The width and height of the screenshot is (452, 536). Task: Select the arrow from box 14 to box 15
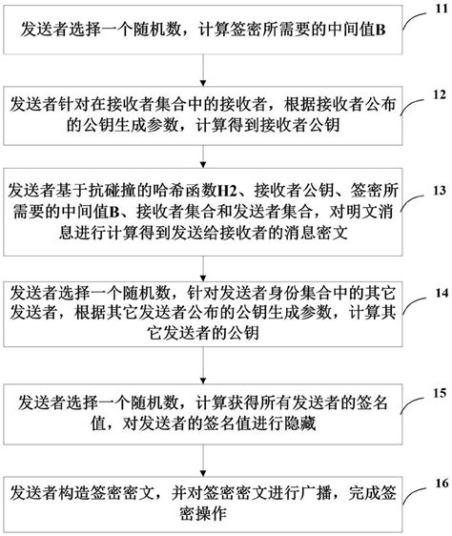[202, 364]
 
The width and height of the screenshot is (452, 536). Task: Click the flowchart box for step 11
[202, 31]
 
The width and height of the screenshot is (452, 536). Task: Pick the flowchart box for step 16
[202, 502]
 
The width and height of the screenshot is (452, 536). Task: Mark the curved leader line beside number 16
[410, 493]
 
